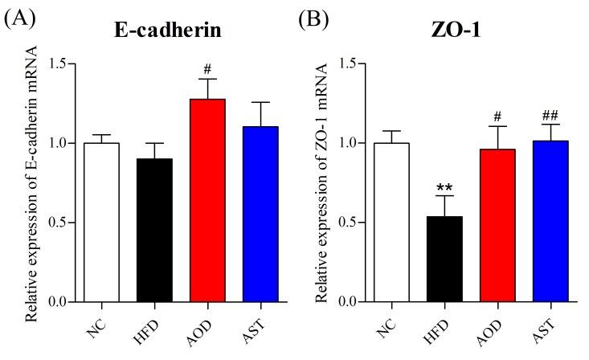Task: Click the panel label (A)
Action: tap(18, 18)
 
